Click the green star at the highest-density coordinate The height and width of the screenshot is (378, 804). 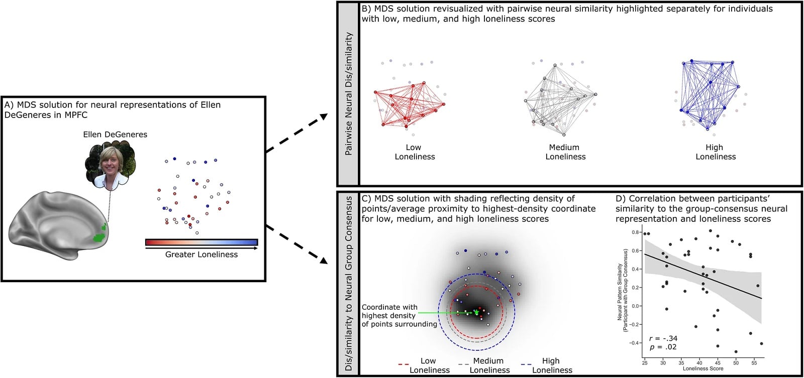pos(476,312)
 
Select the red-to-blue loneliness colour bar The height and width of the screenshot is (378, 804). pos(202,242)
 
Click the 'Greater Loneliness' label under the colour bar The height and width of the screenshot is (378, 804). pos(202,255)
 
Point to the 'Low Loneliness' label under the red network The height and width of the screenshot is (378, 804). pos(415,152)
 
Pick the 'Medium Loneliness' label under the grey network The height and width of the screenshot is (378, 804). pos(565,152)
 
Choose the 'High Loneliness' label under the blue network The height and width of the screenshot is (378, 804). pos(715,152)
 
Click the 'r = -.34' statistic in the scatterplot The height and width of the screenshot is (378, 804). pos(663,338)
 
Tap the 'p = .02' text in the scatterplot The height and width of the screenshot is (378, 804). pos(663,347)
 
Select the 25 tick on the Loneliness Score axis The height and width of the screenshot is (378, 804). pos(645,362)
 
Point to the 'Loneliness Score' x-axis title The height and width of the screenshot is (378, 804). pos(702,368)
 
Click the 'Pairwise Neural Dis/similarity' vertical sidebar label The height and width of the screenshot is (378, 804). pos(348,93)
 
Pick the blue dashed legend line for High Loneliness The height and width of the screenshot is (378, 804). pos(525,364)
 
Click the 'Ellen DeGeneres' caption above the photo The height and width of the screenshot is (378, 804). pos(115,135)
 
